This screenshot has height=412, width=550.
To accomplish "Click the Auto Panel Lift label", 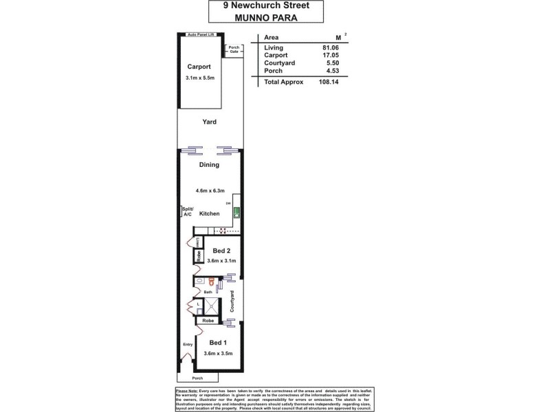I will point(201,34).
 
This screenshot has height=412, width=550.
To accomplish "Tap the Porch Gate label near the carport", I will point(234,49).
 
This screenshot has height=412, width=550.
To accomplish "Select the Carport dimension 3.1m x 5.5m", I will point(200,78).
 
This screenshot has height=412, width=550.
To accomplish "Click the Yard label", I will point(209,122).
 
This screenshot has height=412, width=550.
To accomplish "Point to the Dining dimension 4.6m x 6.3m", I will point(209,190).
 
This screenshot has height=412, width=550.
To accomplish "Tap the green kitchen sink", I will point(236,213).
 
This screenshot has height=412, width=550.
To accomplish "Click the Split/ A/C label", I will point(187,211).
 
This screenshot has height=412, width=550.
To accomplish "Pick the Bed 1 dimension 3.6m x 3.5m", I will point(219,354).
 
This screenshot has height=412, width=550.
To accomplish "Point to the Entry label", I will point(187,345).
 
